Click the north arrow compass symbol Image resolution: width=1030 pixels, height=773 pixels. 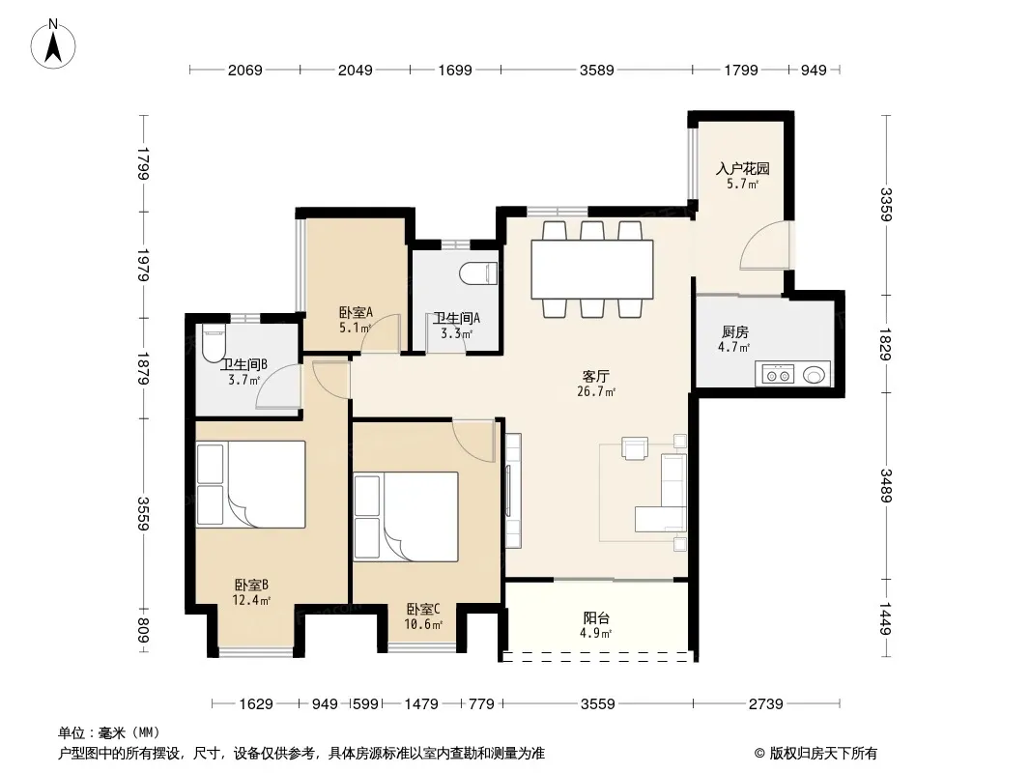[x=53, y=44]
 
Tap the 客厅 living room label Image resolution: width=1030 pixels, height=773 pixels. [x=596, y=376]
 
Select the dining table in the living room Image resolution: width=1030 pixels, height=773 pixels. [x=592, y=270]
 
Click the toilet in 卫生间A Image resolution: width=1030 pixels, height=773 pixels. [x=478, y=273]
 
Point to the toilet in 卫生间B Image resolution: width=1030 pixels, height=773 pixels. [x=213, y=343]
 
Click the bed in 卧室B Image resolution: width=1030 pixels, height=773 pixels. [x=251, y=484]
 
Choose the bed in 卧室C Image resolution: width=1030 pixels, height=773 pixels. [x=405, y=517]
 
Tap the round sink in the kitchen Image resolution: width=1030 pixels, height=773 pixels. [x=814, y=375]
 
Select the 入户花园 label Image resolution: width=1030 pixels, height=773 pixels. [x=742, y=169]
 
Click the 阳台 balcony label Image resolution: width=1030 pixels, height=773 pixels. [x=596, y=618]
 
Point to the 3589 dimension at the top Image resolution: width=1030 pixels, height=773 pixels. [x=596, y=71]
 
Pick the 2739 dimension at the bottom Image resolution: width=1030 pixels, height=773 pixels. [x=766, y=704]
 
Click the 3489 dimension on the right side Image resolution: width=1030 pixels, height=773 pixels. [x=886, y=486]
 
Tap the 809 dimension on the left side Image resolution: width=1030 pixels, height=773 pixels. [x=143, y=631]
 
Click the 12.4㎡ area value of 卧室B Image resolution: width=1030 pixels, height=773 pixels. [x=251, y=600]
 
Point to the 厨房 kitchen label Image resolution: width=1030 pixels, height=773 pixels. [x=735, y=332]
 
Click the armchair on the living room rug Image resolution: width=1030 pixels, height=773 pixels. [x=635, y=448]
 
